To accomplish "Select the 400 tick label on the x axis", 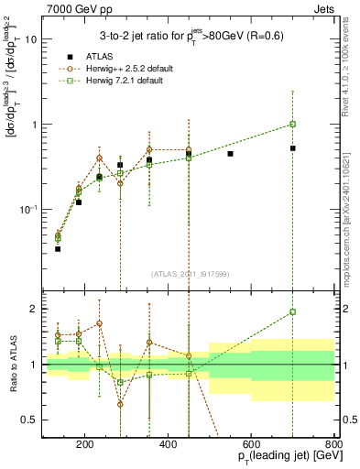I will pos(168,446).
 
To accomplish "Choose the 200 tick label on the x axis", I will pos(84,446).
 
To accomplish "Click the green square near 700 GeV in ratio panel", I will pos(292,311).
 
